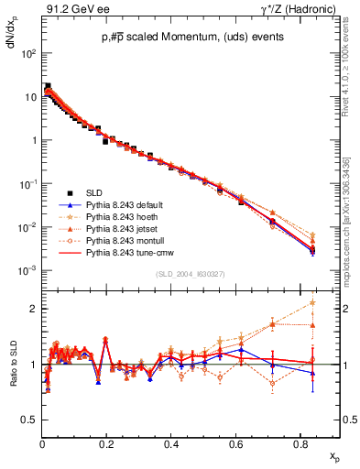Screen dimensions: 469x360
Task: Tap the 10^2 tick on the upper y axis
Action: [27, 54]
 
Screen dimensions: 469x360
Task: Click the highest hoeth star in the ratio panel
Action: [313, 302]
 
